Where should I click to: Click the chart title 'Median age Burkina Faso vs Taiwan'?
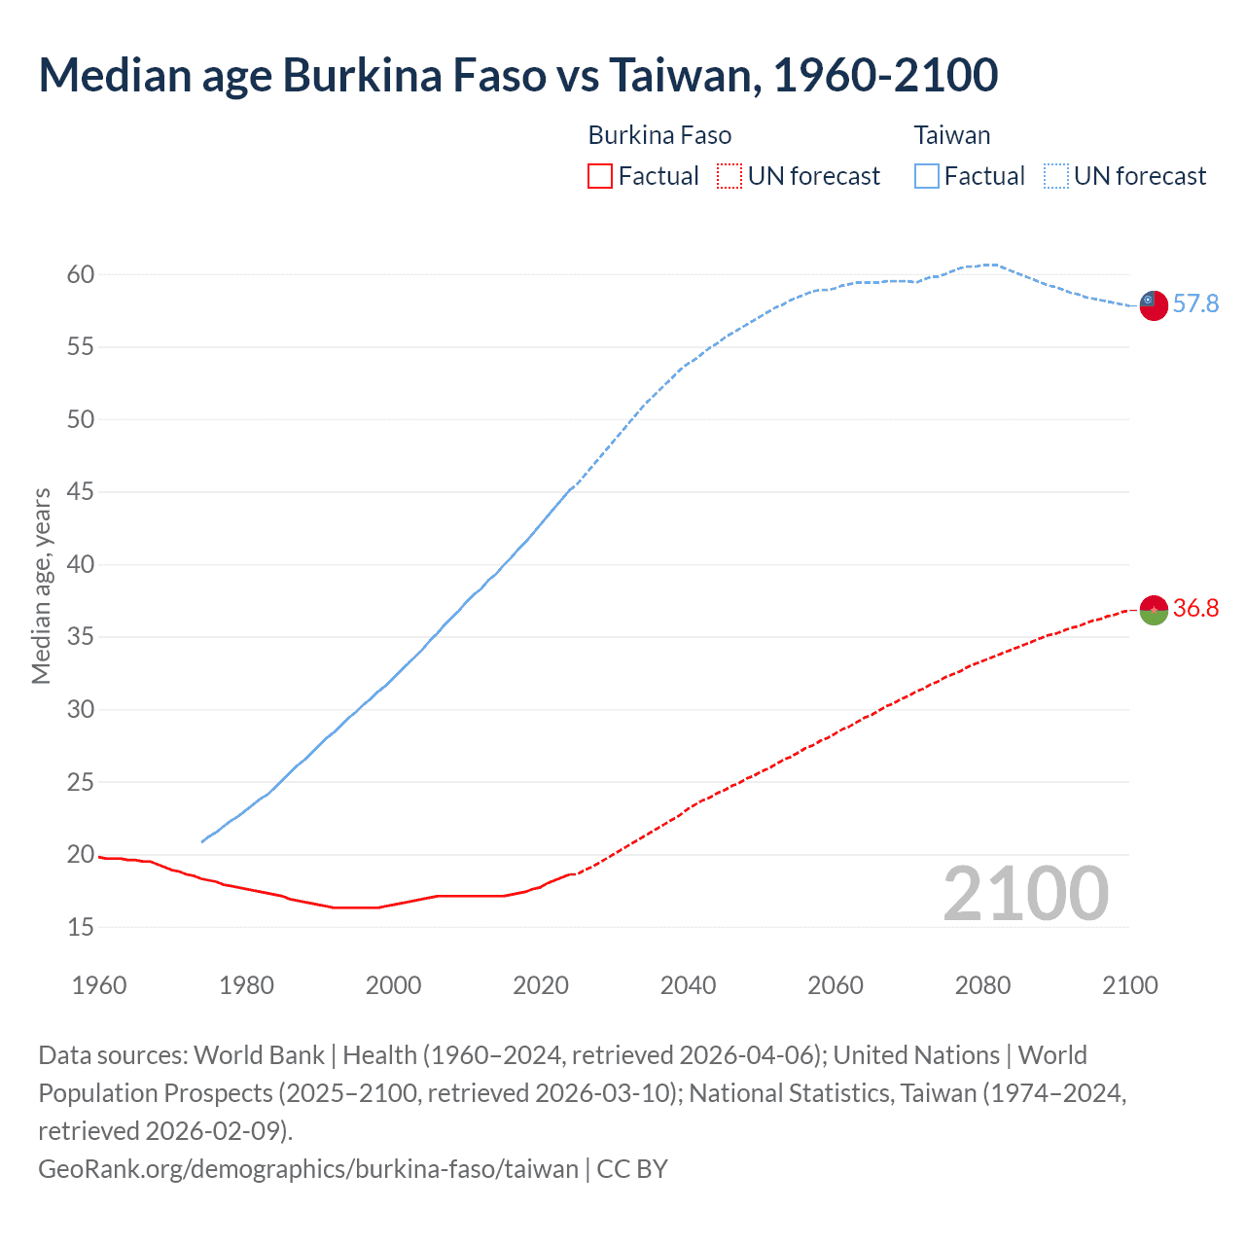(x=517, y=76)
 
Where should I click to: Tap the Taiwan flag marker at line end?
(x=1153, y=304)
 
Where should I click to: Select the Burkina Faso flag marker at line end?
(x=1153, y=610)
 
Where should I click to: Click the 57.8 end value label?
(x=1195, y=304)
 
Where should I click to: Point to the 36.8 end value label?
(x=1195, y=609)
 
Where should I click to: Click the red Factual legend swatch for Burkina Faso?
(x=600, y=176)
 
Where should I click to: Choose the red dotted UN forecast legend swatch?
(x=729, y=176)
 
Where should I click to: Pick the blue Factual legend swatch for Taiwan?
(x=927, y=176)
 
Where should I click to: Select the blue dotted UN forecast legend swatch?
(x=1056, y=176)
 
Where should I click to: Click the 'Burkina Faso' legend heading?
(x=659, y=135)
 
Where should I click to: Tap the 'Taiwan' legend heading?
(x=951, y=135)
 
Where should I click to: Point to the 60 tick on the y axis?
(x=81, y=275)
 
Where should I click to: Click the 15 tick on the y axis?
(x=81, y=928)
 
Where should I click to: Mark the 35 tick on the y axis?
(x=81, y=638)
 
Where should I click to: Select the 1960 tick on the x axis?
(x=99, y=985)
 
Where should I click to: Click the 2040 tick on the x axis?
(x=688, y=985)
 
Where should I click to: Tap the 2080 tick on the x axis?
(x=982, y=985)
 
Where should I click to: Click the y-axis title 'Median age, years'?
(x=41, y=587)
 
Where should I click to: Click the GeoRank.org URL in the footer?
(x=308, y=1168)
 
